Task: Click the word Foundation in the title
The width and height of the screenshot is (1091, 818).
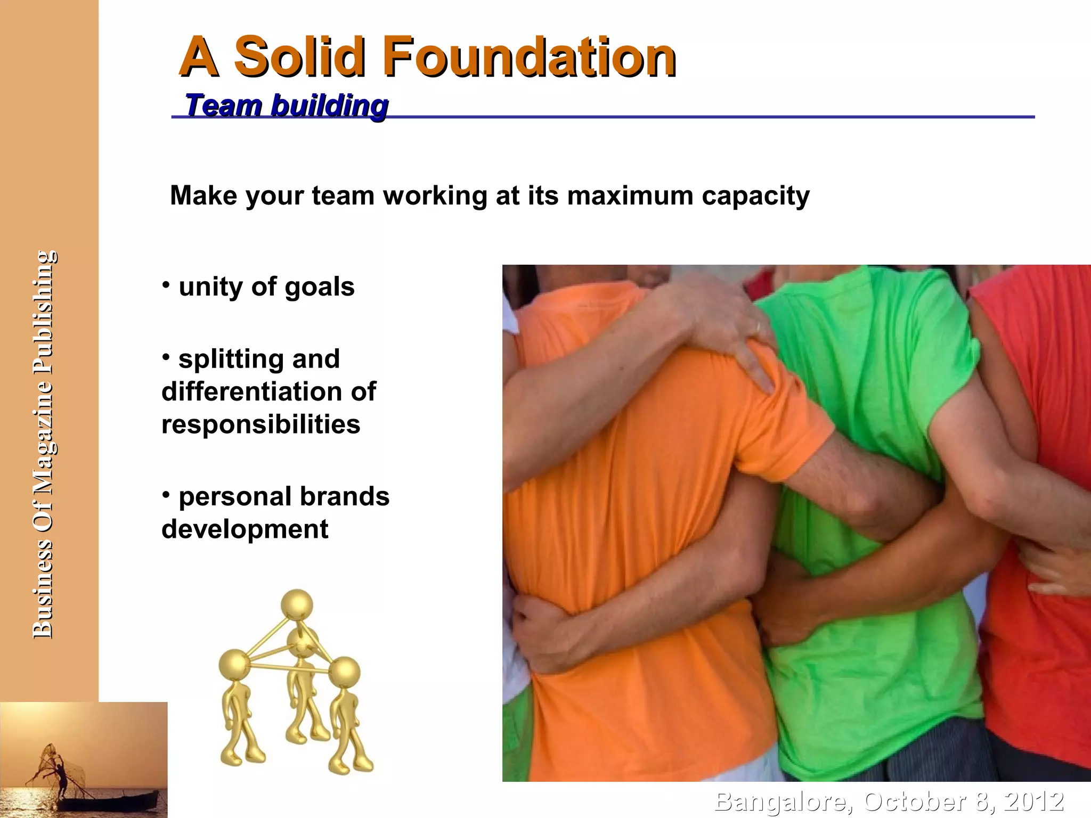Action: tap(528, 56)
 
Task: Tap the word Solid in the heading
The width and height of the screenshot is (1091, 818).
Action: tap(299, 56)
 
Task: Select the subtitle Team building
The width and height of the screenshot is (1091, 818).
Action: tap(286, 105)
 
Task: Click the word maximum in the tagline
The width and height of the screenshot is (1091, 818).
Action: tap(630, 195)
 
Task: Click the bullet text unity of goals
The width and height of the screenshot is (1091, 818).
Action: tap(266, 287)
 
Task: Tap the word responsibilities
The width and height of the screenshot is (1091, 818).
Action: tap(261, 424)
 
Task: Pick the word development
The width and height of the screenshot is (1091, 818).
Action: tap(245, 529)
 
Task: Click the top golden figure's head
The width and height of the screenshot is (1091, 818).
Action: tap(297, 604)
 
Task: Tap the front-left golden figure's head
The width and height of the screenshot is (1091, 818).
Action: tap(234, 665)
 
